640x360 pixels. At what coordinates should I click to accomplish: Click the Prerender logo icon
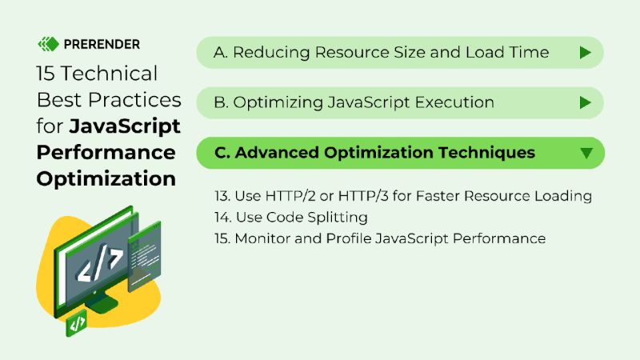coord(49,43)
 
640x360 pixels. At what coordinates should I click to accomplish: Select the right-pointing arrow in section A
coord(585,53)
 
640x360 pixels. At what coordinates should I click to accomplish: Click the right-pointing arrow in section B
coord(585,102)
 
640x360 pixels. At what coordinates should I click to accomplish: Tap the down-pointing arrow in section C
coord(586,153)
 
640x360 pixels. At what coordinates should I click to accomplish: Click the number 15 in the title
coord(45,74)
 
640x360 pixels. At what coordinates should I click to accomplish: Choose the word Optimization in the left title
coord(106,178)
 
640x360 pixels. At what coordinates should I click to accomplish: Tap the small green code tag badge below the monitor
coord(78,324)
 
